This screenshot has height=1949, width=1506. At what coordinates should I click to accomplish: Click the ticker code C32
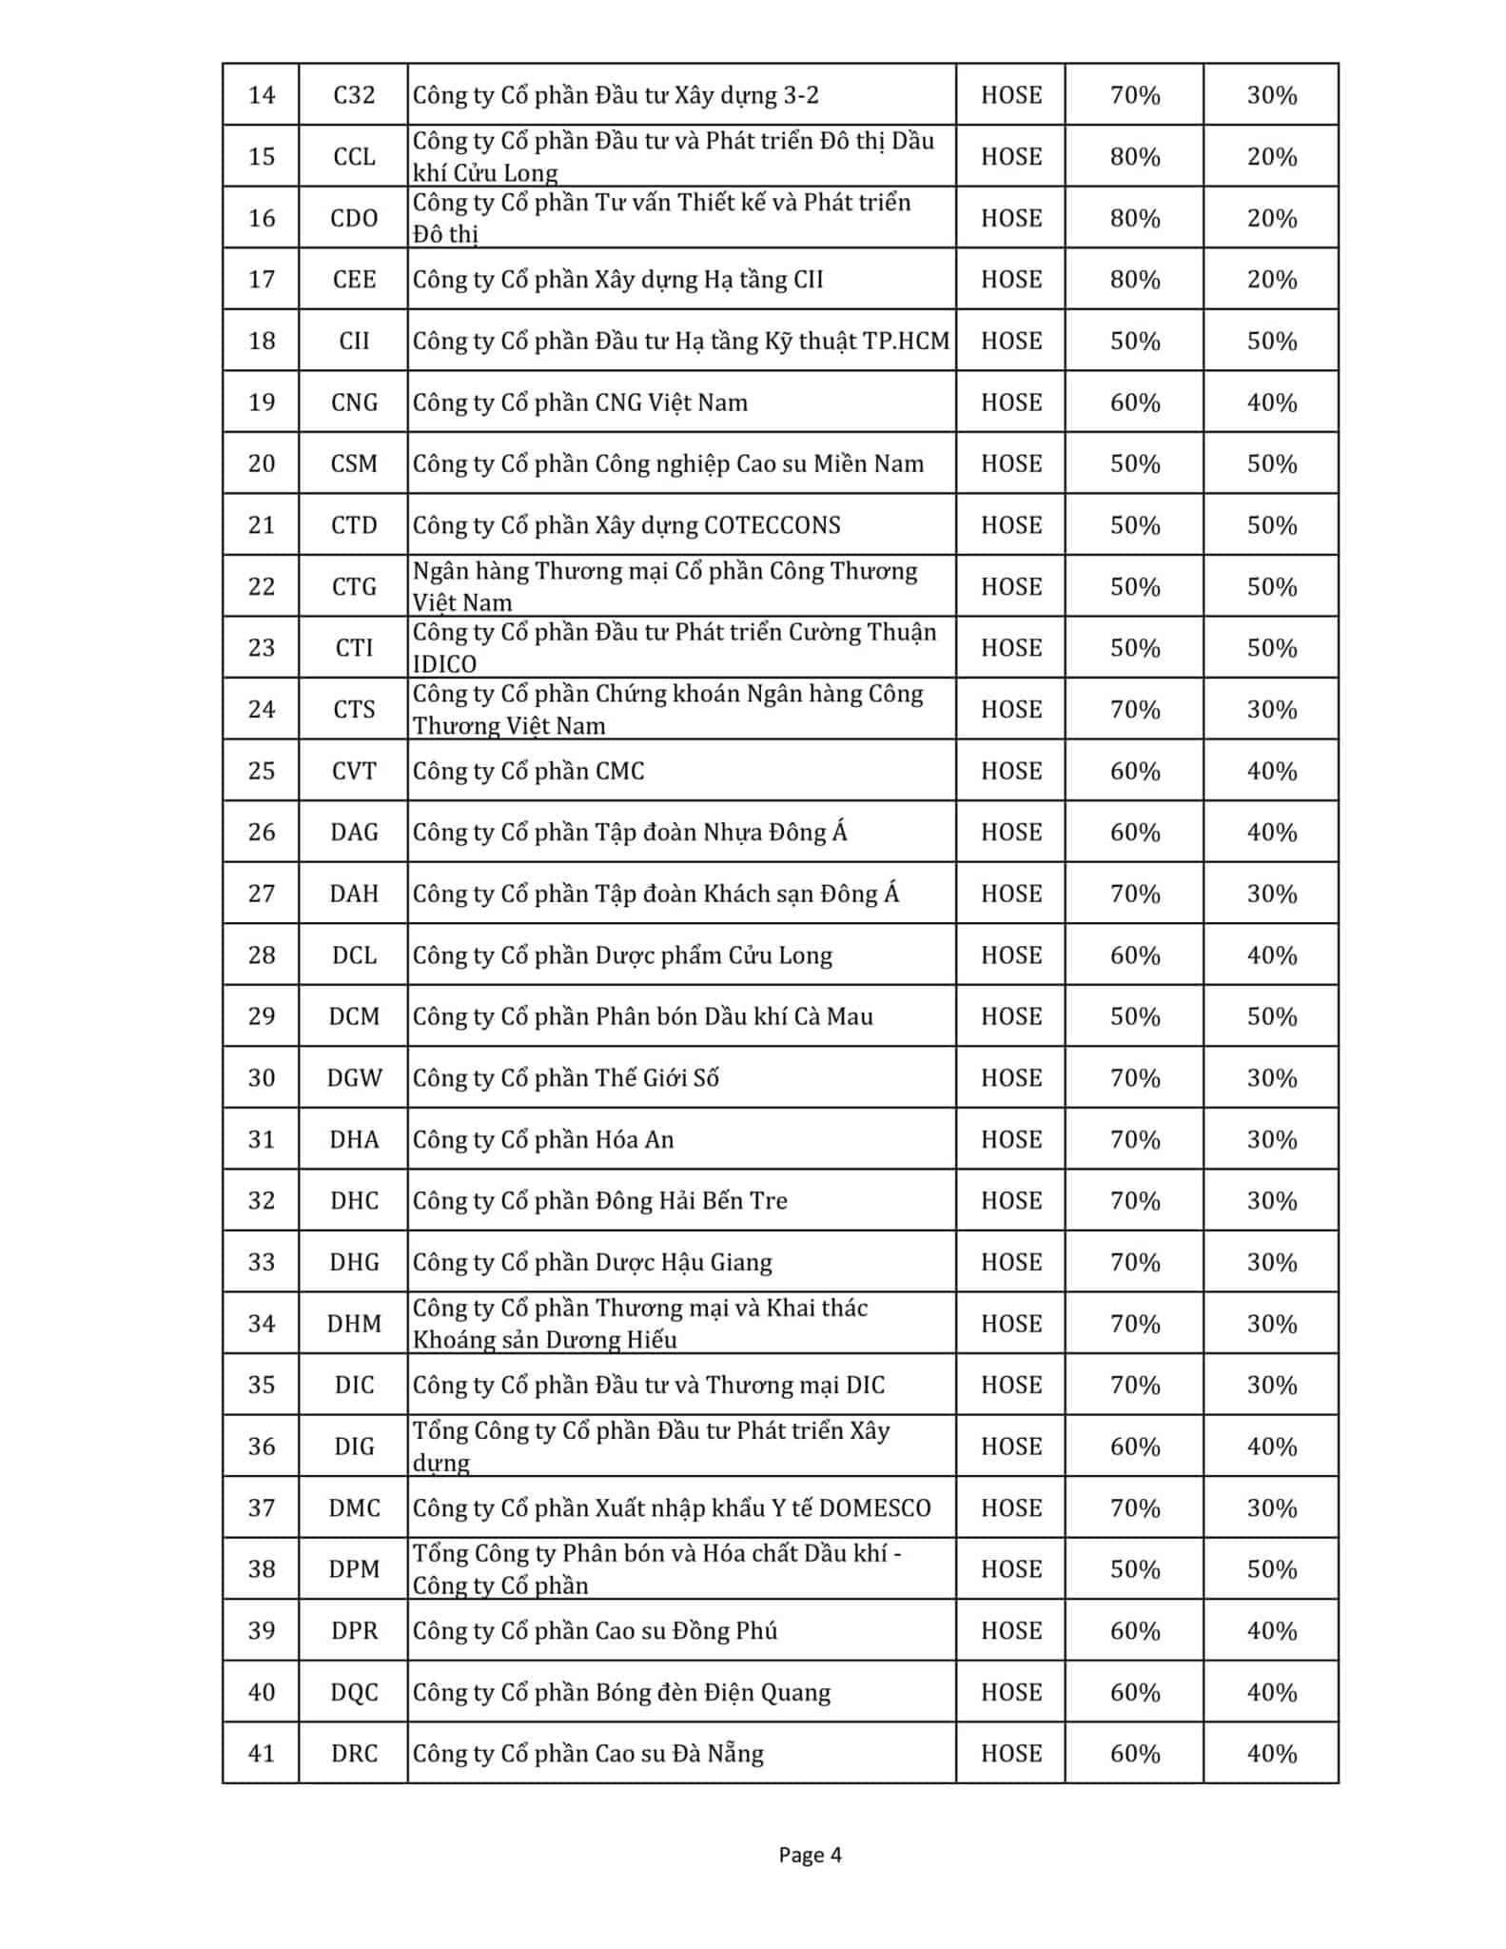coord(354,95)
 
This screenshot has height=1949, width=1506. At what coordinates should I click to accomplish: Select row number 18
coord(262,341)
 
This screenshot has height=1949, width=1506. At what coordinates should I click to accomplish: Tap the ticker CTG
coord(354,586)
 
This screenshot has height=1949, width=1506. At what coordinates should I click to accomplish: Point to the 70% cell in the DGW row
coord(1135,1078)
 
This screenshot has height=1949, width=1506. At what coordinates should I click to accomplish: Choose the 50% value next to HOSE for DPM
coord(1135,1569)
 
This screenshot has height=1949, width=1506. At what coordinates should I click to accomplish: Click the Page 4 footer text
coord(810,1854)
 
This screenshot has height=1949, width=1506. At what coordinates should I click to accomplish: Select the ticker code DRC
coord(354,1753)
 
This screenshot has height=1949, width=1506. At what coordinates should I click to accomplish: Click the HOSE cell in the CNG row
coord(1011,403)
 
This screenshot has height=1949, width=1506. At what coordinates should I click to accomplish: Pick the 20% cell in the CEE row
coord(1272,280)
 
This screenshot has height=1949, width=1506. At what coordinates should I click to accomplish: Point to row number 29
coord(262,1016)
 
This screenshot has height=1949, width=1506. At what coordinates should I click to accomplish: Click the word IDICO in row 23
coord(444,663)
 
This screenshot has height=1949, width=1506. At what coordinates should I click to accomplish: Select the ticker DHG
coord(354,1262)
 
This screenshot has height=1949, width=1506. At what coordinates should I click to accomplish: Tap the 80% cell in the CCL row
coord(1135,157)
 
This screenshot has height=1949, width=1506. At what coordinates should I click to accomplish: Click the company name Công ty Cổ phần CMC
coord(529,771)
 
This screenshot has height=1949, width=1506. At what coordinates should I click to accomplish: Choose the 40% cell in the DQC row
coord(1272,1692)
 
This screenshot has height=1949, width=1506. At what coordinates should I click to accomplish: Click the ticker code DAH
coord(354,894)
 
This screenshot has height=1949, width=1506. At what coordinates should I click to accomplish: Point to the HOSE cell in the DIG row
coord(1011,1447)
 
